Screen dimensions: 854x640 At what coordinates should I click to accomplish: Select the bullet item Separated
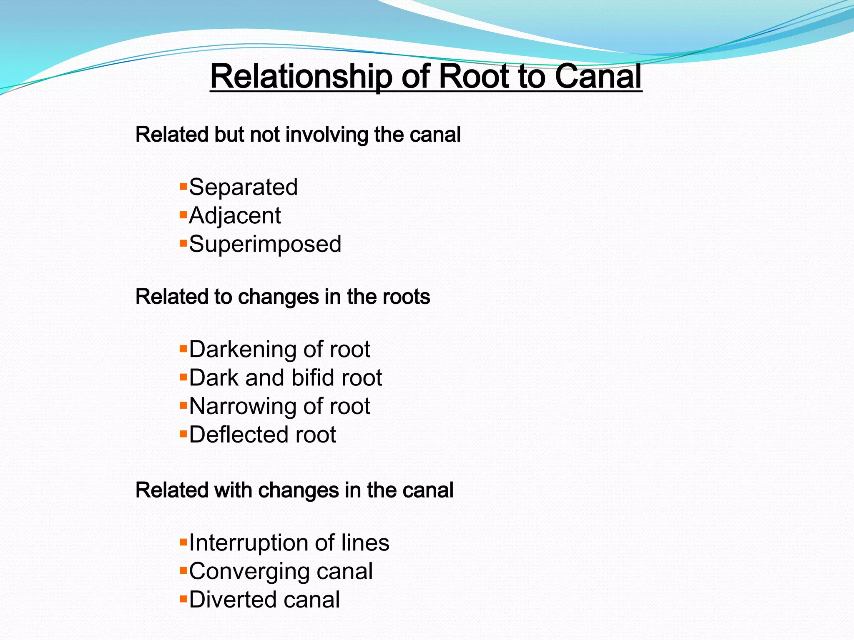(x=243, y=187)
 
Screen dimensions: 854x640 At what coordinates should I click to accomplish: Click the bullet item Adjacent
(x=235, y=216)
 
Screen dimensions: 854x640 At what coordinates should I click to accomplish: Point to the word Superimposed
(x=265, y=244)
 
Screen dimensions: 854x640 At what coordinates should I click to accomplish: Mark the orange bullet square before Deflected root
(x=183, y=434)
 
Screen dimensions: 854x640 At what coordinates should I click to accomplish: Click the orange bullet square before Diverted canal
(x=183, y=599)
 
